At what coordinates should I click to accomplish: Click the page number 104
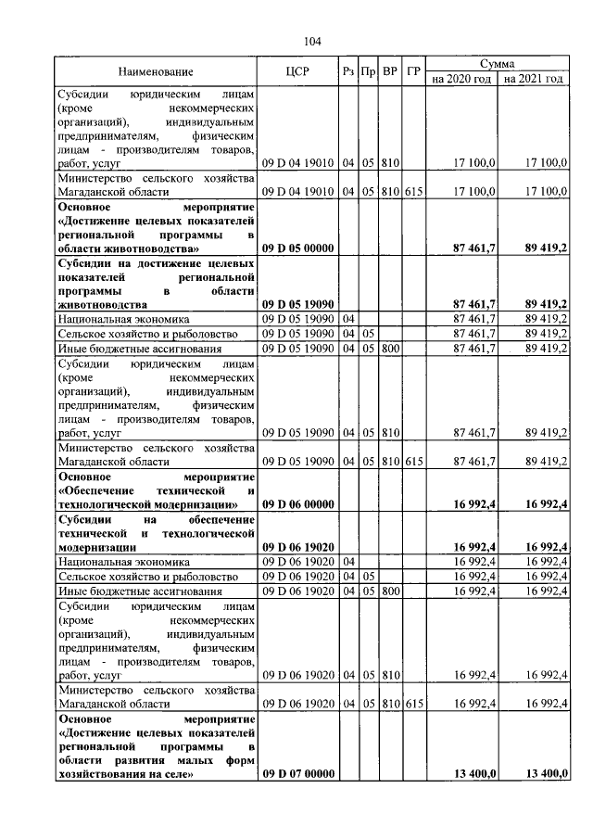(x=311, y=41)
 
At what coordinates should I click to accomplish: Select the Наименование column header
(x=156, y=71)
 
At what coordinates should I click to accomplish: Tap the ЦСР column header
(x=297, y=71)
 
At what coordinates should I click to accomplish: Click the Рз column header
(x=348, y=71)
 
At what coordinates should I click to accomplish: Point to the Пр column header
(x=368, y=71)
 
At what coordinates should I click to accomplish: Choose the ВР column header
(x=390, y=71)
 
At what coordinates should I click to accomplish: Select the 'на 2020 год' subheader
(x=461, y=80)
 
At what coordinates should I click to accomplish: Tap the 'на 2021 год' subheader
(x=533, y=80)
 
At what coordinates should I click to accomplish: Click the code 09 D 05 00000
(x=297, y=248)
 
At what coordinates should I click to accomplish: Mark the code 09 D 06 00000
(x=297, y=504)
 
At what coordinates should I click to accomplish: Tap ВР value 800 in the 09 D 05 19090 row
(x=390, y=349)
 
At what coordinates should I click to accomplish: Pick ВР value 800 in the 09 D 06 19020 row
(x=390, y=591)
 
